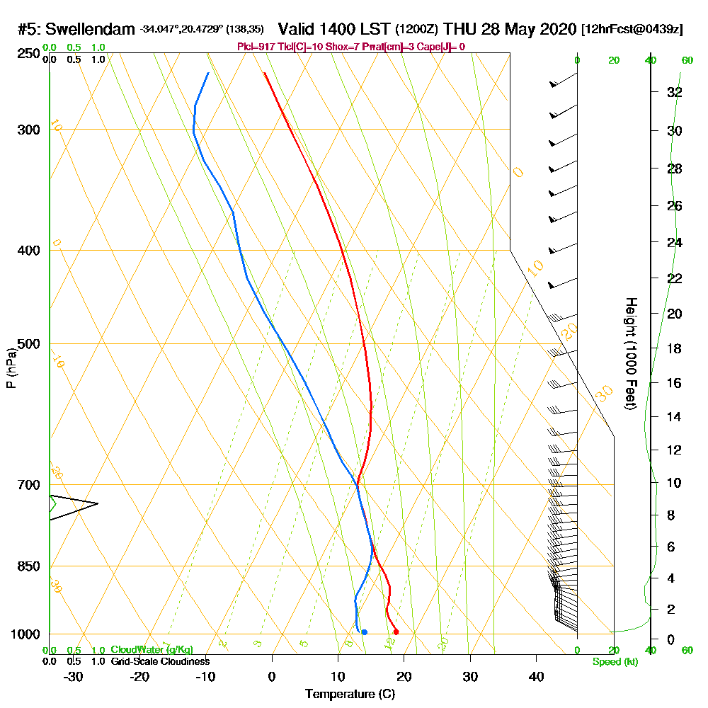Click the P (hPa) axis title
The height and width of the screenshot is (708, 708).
[11, 367]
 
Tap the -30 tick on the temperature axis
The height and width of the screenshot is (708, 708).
[74, 677]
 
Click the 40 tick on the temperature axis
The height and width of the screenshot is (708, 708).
[537, 677]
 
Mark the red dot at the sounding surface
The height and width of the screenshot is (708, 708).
[396, 632]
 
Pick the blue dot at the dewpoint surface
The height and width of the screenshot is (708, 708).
[364, 632]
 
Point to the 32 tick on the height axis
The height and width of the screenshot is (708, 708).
[675, 91]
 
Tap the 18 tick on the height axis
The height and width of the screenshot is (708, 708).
[675, 348]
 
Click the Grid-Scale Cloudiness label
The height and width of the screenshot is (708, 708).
[160, 661]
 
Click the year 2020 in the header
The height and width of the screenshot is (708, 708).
[558, 29]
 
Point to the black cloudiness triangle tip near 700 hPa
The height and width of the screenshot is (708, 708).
[97, 503]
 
